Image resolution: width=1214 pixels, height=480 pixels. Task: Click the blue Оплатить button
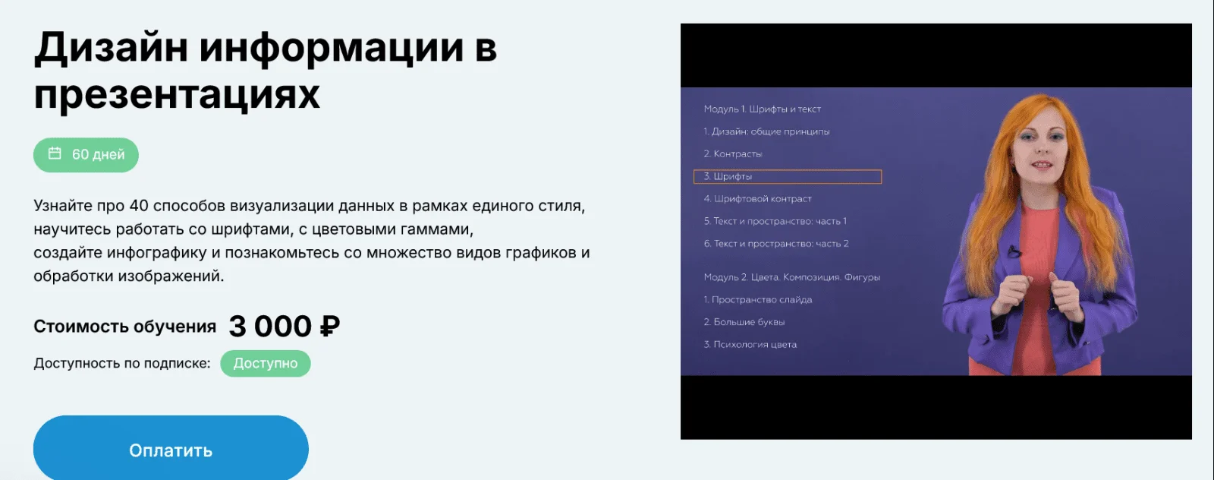click(171, 448)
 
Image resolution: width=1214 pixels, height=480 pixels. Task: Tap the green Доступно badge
click(266, 363)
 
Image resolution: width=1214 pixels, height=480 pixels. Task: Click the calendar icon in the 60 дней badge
click(55, 153)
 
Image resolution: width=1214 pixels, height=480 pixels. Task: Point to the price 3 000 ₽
click(284, 326)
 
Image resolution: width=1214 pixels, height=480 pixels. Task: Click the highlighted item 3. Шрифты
click(788, 176)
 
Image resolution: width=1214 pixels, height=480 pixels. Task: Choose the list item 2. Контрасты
click(733, 154)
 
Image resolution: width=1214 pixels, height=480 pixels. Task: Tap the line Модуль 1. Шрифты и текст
click(762, 109)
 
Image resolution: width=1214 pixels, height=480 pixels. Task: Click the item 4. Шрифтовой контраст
click(758, 199)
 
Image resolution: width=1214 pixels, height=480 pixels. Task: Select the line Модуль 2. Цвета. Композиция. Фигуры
click(792, 277)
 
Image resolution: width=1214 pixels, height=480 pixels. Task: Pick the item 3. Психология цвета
click(750, 344)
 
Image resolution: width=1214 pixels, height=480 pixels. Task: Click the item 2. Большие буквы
click(744, 322)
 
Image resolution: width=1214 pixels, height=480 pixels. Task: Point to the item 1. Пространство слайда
click(758, 299)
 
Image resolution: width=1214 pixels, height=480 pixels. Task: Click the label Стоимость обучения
click(124, 327)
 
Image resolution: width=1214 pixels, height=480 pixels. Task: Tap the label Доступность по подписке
click(122, 363)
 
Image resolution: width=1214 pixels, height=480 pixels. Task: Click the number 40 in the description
click(139, 206)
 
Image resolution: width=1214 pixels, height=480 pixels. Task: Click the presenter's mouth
click(1042, 164)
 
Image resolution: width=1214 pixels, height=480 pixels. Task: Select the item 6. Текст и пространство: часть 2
click(776, 244)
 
